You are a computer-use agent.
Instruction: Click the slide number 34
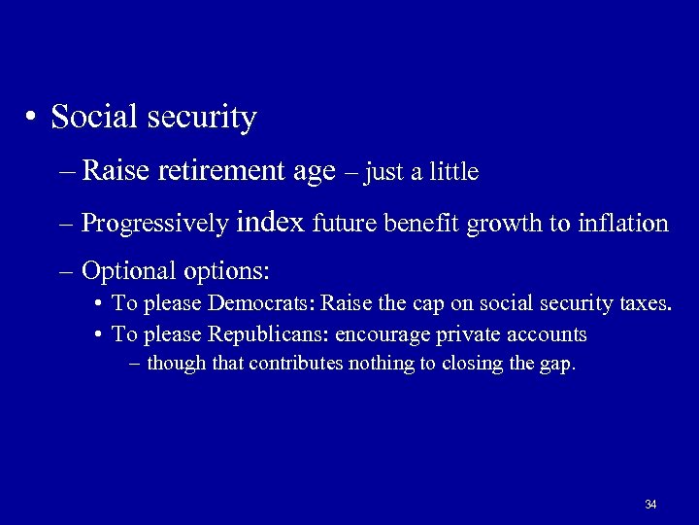point(650,505)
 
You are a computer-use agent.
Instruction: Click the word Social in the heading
point(93,118)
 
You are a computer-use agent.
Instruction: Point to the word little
point(454,172)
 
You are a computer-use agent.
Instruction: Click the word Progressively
point(154,225)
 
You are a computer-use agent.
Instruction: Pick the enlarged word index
point(269,222)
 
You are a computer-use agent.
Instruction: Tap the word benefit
point(424,224)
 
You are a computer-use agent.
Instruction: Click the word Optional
point(122,269)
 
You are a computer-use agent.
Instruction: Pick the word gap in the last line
point(558,366)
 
